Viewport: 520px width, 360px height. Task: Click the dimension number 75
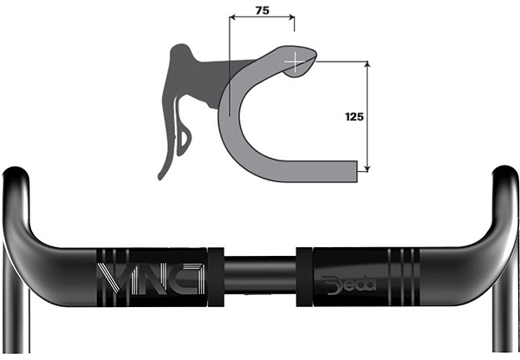263,10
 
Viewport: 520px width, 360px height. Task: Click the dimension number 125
354,117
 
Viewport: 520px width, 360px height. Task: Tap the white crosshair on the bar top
295,62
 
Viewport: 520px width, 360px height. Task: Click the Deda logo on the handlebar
348,285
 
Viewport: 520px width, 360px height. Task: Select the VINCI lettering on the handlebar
151,278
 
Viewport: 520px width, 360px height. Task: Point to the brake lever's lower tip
160,177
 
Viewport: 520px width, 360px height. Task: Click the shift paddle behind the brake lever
183,140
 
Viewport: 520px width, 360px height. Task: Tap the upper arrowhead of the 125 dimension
367,64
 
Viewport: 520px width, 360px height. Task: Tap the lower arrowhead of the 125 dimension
367,168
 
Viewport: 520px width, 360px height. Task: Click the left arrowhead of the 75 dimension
232,17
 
